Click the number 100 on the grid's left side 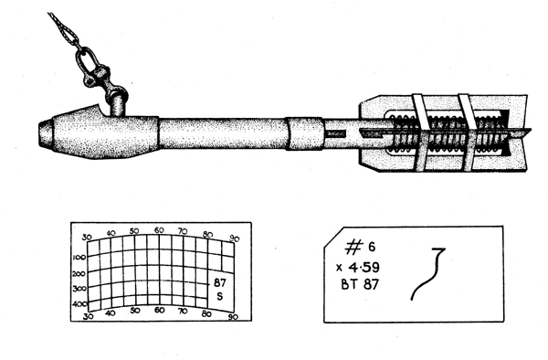(79, 257)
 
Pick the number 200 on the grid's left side (79, 273)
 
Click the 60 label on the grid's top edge (159, 230)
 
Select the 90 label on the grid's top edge (235, 238)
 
